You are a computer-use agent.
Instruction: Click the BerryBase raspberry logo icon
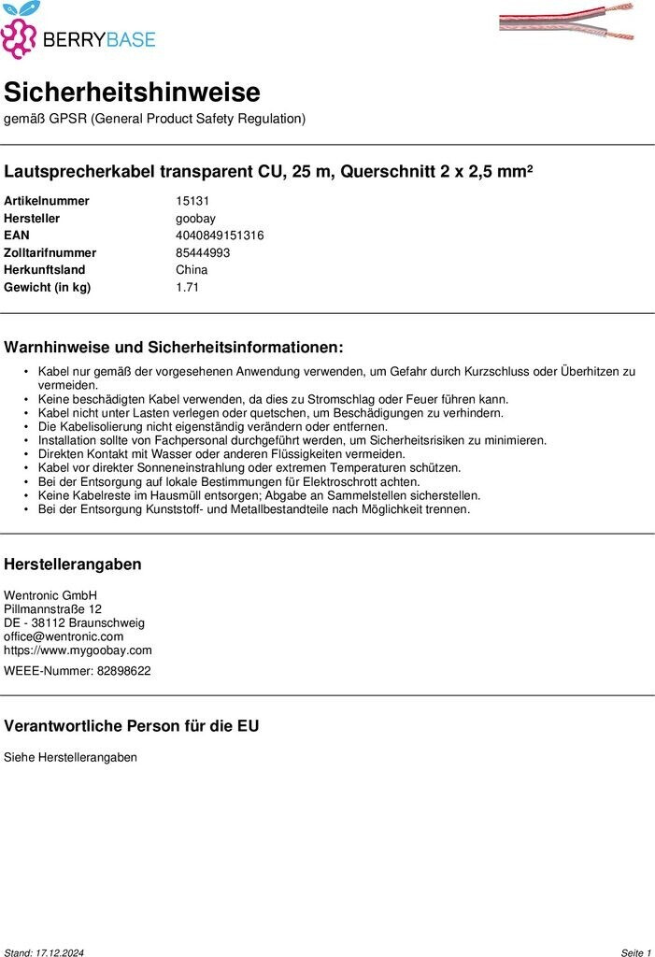20,34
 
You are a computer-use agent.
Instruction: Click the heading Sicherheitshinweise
132,93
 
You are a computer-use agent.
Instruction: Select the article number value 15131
192,201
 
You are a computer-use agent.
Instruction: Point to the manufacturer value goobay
195,218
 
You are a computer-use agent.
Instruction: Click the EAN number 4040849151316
220,236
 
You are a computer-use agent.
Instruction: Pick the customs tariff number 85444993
203,252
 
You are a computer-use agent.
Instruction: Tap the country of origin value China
192,270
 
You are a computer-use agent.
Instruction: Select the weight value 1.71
187,287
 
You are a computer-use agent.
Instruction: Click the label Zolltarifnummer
50,252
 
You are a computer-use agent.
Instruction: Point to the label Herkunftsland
44,270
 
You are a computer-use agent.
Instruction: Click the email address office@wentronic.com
64,636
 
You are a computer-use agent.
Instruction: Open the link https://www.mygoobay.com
78,650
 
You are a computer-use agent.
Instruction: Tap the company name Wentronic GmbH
50,595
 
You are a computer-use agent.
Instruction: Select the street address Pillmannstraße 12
52,609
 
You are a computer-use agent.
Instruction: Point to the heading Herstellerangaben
73,564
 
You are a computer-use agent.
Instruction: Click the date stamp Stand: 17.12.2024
44,952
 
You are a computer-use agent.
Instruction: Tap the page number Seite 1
635,952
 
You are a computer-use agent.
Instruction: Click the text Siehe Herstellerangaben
70,757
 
